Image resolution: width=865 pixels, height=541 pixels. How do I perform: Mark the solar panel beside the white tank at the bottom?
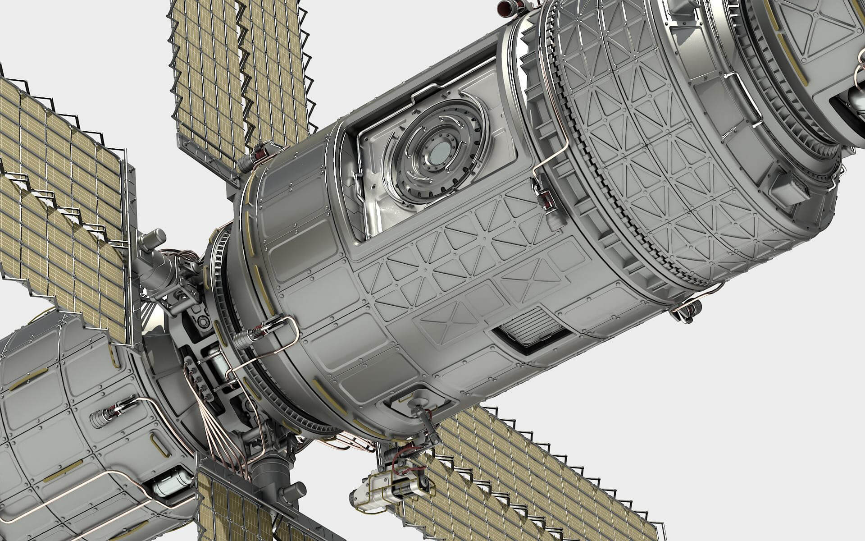225,505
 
